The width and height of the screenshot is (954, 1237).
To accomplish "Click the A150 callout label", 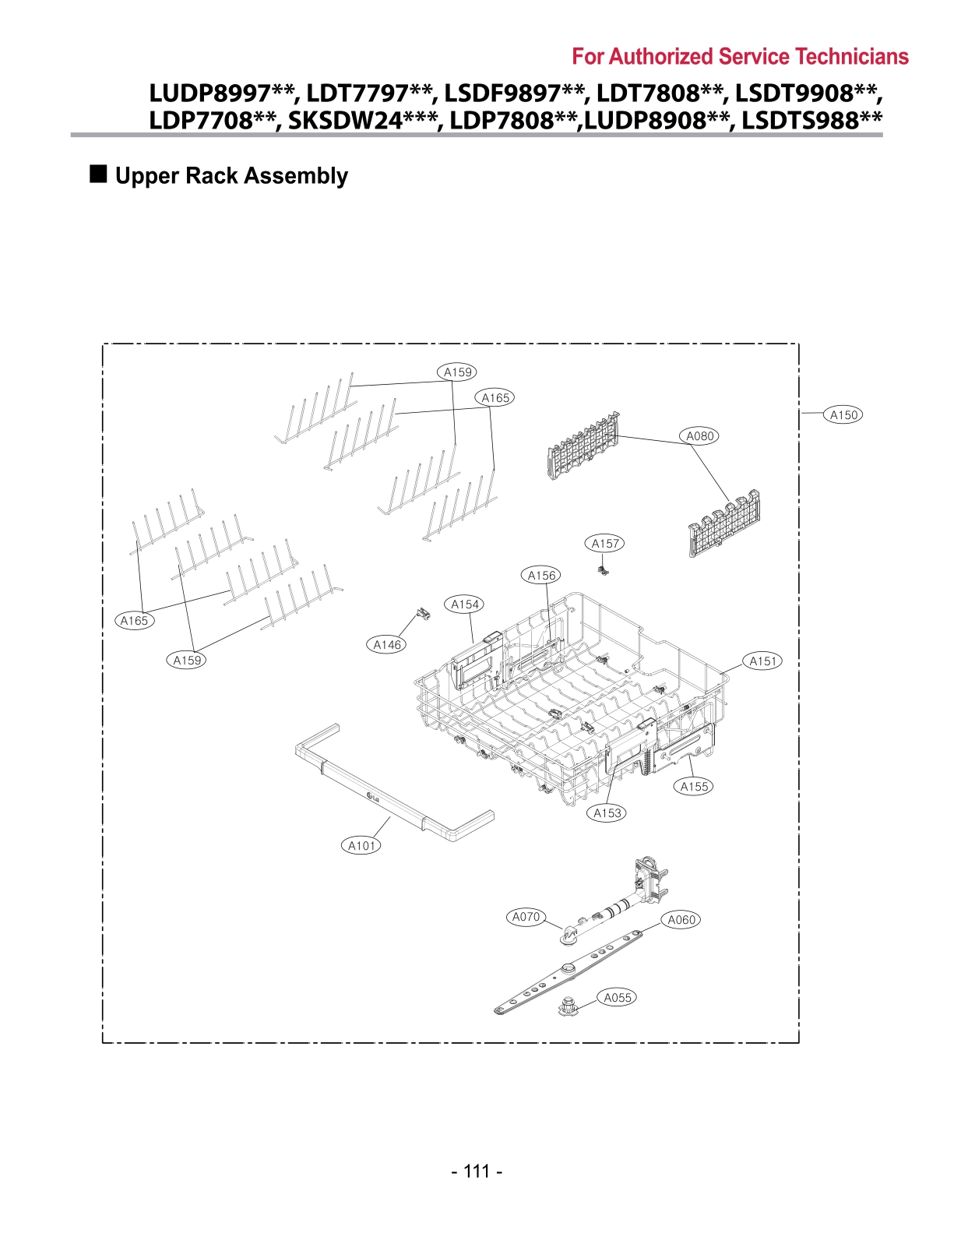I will tap(843, 415).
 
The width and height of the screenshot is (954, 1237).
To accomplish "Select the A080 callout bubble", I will tap(700, 436).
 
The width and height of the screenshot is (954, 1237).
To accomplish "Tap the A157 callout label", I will tap(605, 544).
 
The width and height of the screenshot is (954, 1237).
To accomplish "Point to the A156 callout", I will tap(542, 576).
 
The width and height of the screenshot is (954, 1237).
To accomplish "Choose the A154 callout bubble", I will tap(465, 604).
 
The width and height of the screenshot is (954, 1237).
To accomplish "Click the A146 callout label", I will tap(387, 644).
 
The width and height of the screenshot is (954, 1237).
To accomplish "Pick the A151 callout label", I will tap(763, 661).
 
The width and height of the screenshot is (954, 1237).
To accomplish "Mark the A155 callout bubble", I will tap(694, 787).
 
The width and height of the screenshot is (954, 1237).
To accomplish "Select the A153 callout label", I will tap(607, 813).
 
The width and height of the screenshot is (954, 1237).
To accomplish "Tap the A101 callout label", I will tap(362, 846).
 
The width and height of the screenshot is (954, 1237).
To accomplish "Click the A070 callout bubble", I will tap(526, 917).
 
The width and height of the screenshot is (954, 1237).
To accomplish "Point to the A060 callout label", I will tap(681, 920).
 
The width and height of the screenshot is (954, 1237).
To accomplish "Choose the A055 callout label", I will tap(618, 998).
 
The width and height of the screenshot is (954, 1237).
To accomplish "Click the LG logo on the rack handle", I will tap(372, 796).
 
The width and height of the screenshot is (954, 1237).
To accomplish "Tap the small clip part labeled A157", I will tap(602, 570).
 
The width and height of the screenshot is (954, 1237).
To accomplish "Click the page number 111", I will tap(477, 1172).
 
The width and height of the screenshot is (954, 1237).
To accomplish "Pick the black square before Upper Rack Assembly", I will tap(99, 174).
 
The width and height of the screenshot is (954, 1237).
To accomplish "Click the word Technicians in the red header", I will tap(853, 57).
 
